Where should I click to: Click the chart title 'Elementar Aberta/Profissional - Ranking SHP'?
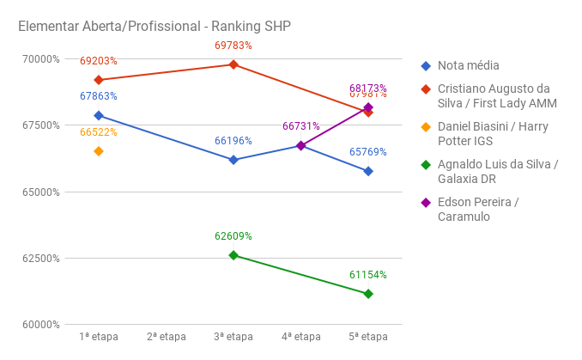155,27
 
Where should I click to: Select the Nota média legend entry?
468,65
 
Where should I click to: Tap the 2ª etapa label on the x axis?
167,337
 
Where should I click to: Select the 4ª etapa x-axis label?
301,337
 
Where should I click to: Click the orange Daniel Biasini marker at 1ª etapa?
99,151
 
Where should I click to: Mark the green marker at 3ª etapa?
233,255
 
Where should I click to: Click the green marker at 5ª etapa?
368,294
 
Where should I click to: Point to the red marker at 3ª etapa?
233,64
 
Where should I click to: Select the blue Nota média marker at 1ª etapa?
99,115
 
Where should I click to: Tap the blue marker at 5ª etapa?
368,171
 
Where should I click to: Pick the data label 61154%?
368,275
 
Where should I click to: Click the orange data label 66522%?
99,132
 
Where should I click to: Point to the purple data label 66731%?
301,126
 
